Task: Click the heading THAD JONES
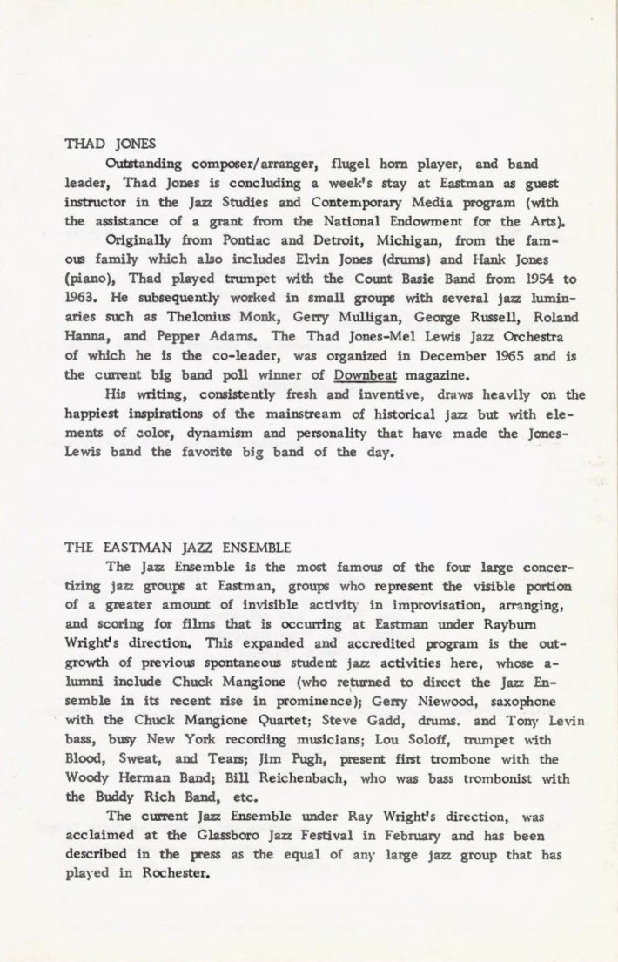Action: click(x=101, y=145)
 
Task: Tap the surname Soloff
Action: click(x=413, y=738)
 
